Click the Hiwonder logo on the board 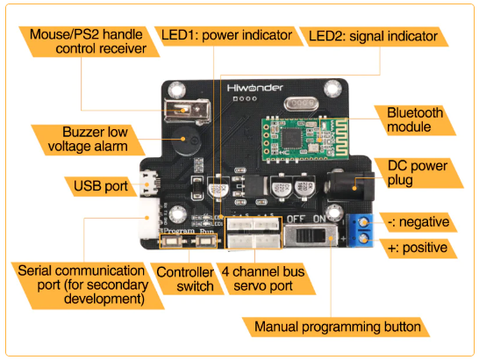[254, 88]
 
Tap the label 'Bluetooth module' [415, 120]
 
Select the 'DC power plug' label [418, 173]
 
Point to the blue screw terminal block [361, 230]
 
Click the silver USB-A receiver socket [187, 111]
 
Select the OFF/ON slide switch [311, 235]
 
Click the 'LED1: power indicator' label [226, 35]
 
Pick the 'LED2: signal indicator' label [373, 36]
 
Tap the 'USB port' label [101, 186]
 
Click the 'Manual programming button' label [337, 327]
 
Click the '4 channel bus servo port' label [263, 279]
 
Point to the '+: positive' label [418, 248]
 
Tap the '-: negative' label [418, 222]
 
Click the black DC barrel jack [351, 186]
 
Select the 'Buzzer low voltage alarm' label [88, 140]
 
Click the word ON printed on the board [319, 219]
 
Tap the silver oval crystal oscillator [302, 104]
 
